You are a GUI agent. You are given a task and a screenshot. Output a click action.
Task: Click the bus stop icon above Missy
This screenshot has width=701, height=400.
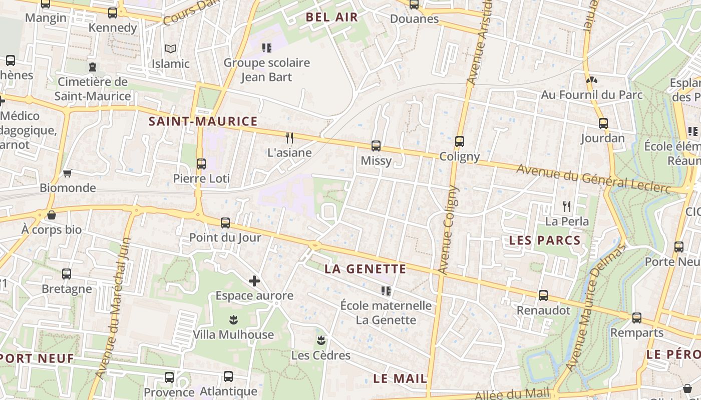(376, 146)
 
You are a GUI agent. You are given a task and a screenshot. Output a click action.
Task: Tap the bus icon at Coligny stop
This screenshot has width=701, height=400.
(460, 141)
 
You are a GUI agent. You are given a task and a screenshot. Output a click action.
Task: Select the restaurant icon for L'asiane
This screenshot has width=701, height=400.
(289, 137)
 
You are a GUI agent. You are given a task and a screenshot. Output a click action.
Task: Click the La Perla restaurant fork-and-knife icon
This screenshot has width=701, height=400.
(567, 205)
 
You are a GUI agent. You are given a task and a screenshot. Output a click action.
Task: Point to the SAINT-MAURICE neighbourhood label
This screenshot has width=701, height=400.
(203, 121)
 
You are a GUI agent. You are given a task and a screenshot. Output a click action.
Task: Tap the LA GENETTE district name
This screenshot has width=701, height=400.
(366, 269)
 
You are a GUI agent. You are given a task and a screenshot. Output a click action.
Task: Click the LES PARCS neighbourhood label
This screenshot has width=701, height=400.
(545, 240)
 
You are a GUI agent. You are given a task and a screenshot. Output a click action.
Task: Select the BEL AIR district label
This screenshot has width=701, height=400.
(332, 17)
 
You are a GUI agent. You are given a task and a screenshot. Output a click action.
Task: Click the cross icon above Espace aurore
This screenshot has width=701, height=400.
(254, 281)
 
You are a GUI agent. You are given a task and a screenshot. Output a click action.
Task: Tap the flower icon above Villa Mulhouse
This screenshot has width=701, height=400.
(233, 319)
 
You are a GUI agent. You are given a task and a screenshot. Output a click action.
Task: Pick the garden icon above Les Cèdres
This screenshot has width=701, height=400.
(321, 341)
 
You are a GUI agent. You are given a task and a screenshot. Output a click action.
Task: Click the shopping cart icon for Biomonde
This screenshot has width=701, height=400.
(67, 173)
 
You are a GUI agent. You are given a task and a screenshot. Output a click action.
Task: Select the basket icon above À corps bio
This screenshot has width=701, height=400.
(51, 215)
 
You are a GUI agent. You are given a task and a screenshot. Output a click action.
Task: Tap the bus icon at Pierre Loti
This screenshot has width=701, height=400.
(201, 163)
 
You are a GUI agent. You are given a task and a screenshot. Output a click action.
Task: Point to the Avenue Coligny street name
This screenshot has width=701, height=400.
(448, 230)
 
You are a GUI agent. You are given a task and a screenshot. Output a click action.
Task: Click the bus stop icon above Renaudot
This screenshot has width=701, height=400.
(543, 295)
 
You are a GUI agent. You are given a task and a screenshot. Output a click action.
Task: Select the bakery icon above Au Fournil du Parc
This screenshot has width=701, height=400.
(591, 80)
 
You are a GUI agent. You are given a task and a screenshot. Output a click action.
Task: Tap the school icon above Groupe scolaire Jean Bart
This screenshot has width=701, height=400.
(267, 48)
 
